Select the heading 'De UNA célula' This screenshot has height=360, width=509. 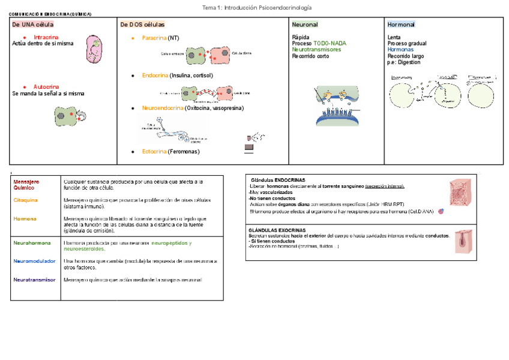click(x=32, y=25)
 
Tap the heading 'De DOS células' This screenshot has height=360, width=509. click(x=142, y=25)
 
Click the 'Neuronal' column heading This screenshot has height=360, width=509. click(x=305, y=25)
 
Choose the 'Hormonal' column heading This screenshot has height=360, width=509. click(x=401, y=25)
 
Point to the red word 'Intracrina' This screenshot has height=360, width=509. click(x=46, y=37)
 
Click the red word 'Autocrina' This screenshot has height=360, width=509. click(x=46, y=86)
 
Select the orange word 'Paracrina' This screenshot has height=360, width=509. click(x=154, y=38)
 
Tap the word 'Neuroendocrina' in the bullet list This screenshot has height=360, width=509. click(x=162, y=108)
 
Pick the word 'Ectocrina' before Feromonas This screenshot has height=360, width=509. click(x=154, y=152)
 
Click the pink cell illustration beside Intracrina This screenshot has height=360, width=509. click(x=94, y=49)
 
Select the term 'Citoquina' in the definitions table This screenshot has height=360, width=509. click(x=25, y=200)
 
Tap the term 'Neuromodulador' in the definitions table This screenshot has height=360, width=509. click(x=34, y=261)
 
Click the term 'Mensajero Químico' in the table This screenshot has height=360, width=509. click(x=26, y=184)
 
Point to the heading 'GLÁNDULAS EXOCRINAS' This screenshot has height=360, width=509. click(x=277, y=230)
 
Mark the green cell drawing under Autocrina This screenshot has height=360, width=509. click(x=64, y=115)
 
